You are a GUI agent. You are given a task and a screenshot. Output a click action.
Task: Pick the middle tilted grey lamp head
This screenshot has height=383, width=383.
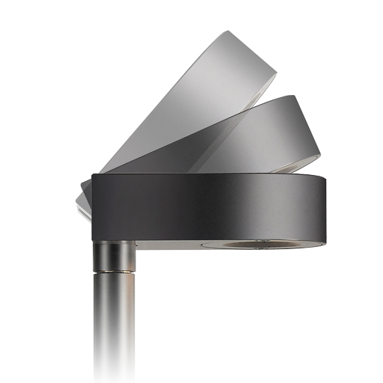tap(247, 138)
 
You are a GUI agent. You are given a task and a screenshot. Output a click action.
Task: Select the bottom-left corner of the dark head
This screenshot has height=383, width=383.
tap(94, 238)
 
